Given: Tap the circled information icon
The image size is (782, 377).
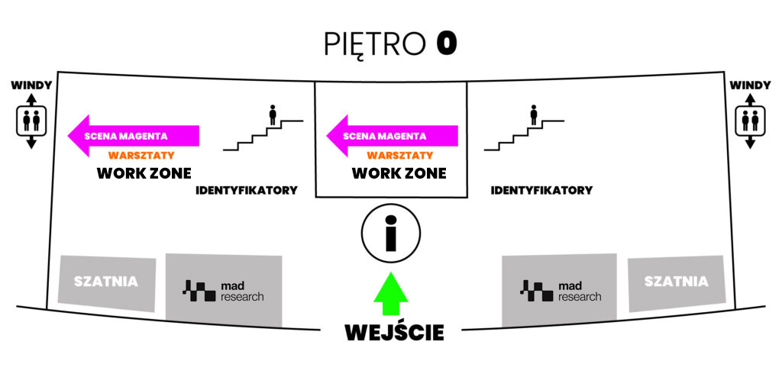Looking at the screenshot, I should click(390, 233).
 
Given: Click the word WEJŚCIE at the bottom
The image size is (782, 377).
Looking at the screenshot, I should click(394, 333).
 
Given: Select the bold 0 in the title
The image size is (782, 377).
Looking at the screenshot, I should click(447, 43).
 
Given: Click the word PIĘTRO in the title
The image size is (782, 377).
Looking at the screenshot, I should click(375, 44).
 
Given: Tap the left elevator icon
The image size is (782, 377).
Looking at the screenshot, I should click(31, 121).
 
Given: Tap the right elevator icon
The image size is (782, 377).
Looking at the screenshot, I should click(750, 121).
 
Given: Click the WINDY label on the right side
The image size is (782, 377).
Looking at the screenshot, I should click(750, 85).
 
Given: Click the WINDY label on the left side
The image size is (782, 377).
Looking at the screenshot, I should click(31, 85).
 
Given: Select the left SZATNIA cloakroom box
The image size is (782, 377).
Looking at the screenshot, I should click(107, 282).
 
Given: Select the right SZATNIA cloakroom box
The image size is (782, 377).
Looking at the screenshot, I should click(676, 282).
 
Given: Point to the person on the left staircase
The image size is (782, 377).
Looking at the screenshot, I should click(273, 115).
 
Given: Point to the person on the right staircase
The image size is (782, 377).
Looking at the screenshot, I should click(534, 115).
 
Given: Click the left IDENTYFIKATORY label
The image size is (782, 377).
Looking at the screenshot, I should click(247, 190).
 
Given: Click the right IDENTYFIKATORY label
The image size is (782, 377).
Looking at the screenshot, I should click(541, 190).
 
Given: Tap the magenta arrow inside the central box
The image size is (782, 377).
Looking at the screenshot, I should click(393, 137).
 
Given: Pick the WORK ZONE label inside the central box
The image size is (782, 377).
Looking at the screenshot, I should click(399, 173).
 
